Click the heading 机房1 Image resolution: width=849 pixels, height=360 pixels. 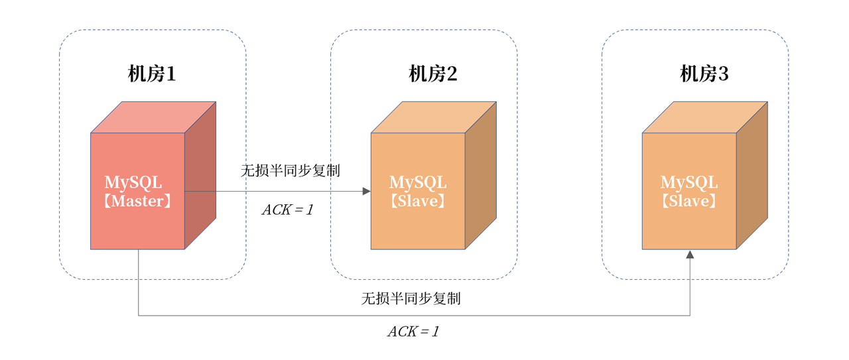pos(152,74)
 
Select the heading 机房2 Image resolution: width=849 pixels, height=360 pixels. pos(432,74)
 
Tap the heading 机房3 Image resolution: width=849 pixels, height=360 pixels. pos(704,74)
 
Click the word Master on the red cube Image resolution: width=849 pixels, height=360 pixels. pos(137,201)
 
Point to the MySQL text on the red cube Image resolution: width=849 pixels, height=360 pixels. pos(133,182)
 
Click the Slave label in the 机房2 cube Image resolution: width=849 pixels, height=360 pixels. pos(418,201)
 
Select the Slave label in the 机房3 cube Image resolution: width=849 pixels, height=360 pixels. pos(689,201)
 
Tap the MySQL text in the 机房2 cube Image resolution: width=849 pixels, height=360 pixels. pos(418,182)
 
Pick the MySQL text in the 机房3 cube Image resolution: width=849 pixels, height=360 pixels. pos(689,182)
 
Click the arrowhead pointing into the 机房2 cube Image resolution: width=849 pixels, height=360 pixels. pos(367,192)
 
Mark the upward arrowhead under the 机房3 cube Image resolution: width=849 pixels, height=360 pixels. pos(690,255)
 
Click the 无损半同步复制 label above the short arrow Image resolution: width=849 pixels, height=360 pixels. pos(290,170)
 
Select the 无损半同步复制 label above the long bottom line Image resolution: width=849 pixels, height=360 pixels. pos(411,298)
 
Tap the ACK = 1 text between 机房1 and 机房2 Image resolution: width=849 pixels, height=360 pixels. pos(287,210)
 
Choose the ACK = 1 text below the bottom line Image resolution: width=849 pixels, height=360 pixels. pos(413,331)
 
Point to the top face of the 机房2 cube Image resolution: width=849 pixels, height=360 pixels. pos(434,117)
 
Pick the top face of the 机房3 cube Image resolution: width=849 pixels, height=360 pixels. pos(705,117)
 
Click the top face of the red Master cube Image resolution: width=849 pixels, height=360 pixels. pos(153,117)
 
